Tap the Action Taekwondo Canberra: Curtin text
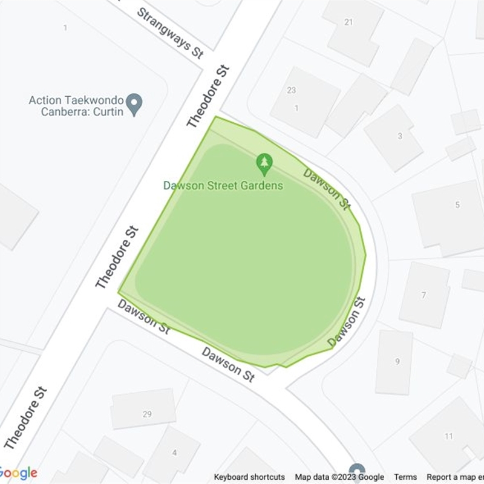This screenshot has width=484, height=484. tap(76, 105)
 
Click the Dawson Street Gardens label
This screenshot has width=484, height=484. tap(223, 185)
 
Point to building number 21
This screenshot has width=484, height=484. tap(348, 22)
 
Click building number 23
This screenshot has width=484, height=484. tap(292, 90)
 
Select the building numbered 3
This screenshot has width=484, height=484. tap(399, 136)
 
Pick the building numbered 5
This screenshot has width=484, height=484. tap(457, 205)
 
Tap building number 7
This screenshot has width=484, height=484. tap(423, 295)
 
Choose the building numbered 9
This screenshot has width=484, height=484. tap(397, 362)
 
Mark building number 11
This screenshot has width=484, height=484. tap(448, 436)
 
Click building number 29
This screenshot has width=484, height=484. tap(146, 414)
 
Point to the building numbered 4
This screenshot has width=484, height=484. tap(174, 453)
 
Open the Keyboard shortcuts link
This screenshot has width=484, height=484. tap(249, 477)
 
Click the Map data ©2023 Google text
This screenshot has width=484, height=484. tap(339, 477)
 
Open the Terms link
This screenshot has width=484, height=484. tap(405, 477)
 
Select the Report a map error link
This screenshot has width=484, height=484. tap(455, 477)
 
